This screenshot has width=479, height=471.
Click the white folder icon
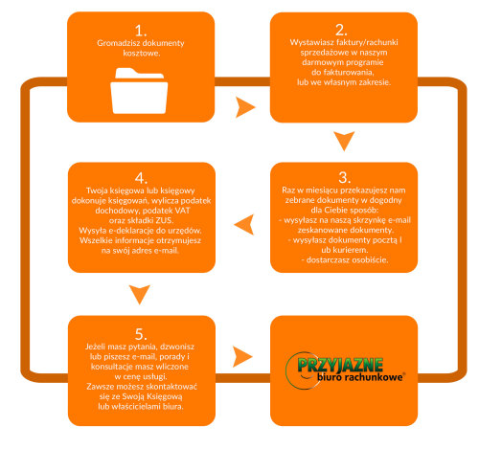pos(139,91)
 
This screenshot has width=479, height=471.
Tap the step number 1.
pos(141,31)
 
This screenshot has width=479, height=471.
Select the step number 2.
pos(341,31)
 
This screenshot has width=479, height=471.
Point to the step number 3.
pos(344,177)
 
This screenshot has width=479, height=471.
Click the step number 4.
pos(141,178)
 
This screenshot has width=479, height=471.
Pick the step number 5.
pos(141,334)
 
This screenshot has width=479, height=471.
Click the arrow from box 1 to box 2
pos(245,107)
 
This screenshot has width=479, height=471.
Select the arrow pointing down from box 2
pos(344,141)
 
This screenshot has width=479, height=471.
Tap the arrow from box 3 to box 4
pos(244,224)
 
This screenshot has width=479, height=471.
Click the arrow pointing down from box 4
pos(140,294)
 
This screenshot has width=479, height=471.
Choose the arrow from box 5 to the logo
pos(242,356)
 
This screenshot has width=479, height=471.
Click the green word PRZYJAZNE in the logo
pos(340,365)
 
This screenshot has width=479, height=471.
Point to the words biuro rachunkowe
pos(360,377)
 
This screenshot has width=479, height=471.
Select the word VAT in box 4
pos(182,211)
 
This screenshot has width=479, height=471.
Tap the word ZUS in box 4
pos(164,220)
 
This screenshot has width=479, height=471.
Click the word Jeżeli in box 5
pos(96,347)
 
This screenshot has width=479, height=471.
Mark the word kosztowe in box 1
pos(142,53)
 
